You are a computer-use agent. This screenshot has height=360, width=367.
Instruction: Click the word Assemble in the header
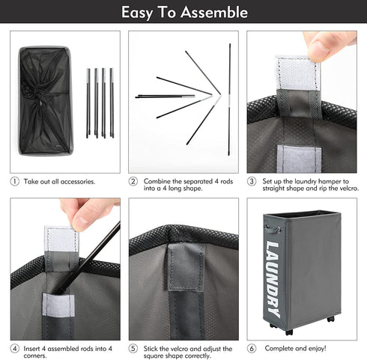(x=214, y=12)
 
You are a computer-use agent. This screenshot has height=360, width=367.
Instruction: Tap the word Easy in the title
(x=137, y=13)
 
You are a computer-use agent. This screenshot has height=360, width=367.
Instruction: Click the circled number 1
(x=14, y=181)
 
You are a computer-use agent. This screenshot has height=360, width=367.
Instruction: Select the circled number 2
(x=133, y=181)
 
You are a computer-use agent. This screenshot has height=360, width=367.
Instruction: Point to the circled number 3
(x=252, y=181)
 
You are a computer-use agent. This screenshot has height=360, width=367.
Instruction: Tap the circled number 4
(x=15, y=349)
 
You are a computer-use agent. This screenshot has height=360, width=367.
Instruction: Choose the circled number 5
(x=133, y=349)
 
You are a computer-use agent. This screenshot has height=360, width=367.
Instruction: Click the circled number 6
(x=252, y=348)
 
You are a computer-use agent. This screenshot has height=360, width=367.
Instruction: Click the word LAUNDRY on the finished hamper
(x=273, y=279)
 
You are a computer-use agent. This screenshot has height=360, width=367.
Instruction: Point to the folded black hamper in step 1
(x=46, y=100)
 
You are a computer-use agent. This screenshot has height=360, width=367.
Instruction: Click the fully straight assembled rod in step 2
(x=229, y=100)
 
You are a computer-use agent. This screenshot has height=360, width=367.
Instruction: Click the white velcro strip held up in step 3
(x=297, y=73)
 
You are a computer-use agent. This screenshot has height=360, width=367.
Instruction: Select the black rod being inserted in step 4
(x=87, y=257)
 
